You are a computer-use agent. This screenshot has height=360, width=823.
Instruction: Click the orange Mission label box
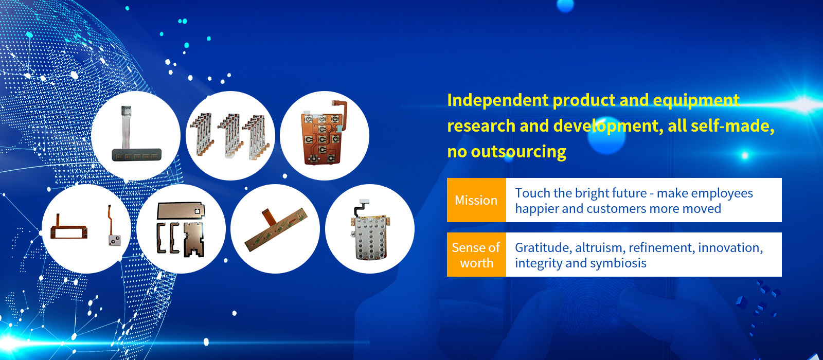tap(476, 200)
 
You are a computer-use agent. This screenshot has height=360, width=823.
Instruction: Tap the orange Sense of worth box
tap(476, 255)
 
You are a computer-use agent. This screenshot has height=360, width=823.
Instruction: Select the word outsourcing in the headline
tap(518, 152)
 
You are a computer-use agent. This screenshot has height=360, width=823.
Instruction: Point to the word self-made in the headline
tap(732, 126)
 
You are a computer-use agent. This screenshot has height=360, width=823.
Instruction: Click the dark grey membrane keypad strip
tap(137, 155)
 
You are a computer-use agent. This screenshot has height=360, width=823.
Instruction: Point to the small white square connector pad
tap(115, 240)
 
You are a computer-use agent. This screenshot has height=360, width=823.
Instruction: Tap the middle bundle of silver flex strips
tap(230, 136)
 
